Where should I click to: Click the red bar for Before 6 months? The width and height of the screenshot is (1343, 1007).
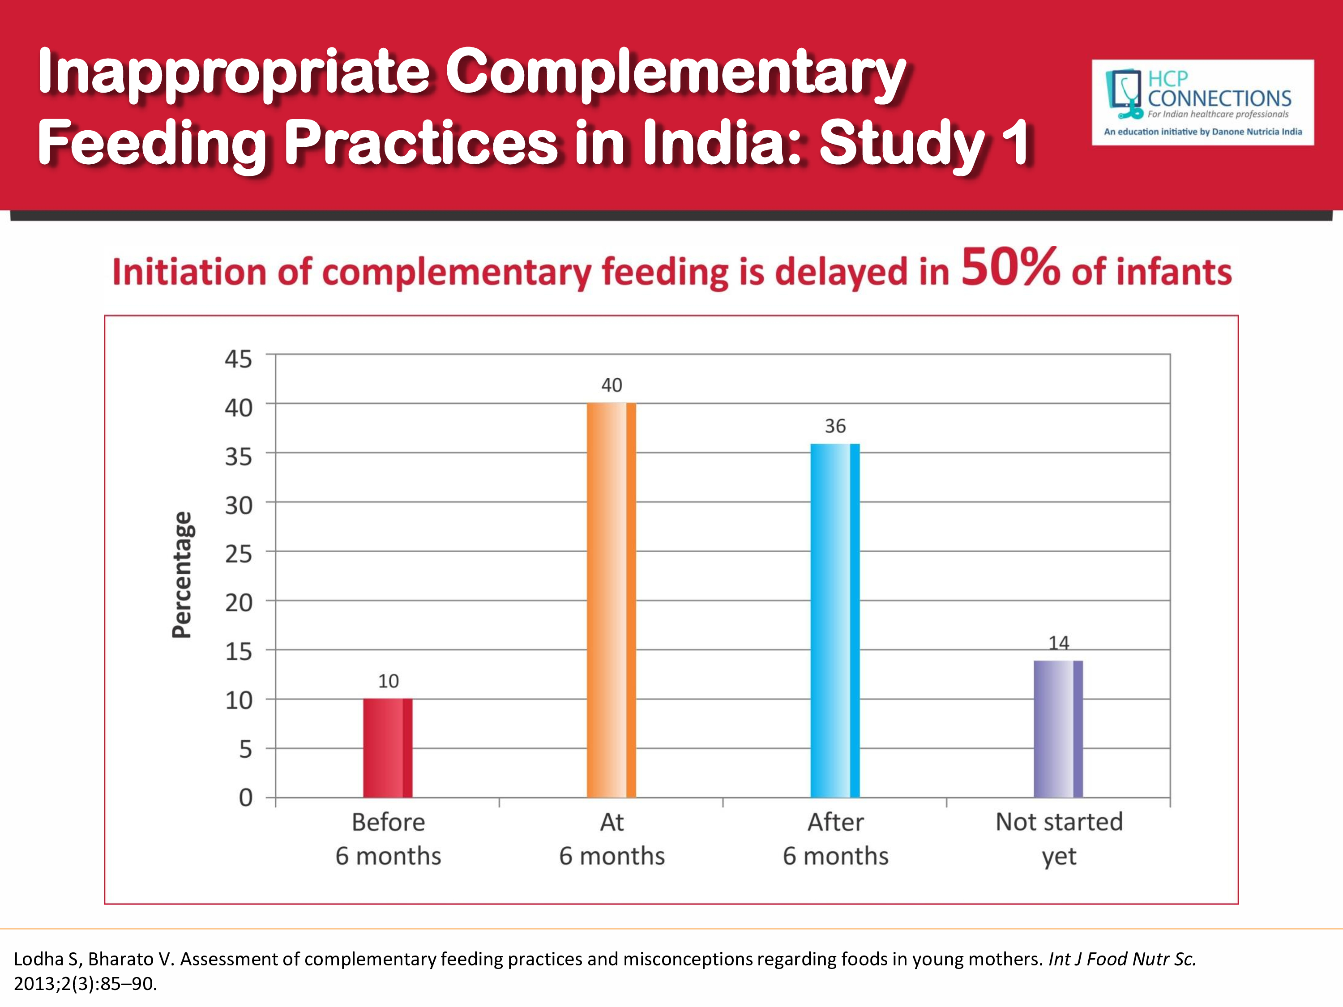point(387,748)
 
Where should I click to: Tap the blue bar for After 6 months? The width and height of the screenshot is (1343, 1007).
point(835,620)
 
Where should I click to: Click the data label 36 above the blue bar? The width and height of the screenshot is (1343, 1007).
point(835,426)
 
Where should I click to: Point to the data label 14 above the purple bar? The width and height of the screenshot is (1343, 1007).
point(1059,643)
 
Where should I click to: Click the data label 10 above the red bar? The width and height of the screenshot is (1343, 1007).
point(389,681)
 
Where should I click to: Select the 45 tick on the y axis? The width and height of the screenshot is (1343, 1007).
point(238,359)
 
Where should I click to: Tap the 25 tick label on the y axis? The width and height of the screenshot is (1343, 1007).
point(238,554)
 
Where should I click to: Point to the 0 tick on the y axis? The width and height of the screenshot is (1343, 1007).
point(245,798)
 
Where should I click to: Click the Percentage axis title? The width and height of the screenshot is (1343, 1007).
point(182,574)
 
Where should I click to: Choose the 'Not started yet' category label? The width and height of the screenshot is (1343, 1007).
point(1059,838)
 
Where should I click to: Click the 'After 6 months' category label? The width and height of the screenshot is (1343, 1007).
point(835,838)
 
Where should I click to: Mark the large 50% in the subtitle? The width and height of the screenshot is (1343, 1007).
point(1010,267)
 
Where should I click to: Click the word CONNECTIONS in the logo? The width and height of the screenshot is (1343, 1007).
point(1219,98)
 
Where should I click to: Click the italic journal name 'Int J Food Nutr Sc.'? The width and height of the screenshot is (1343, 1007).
point(1122,959)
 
